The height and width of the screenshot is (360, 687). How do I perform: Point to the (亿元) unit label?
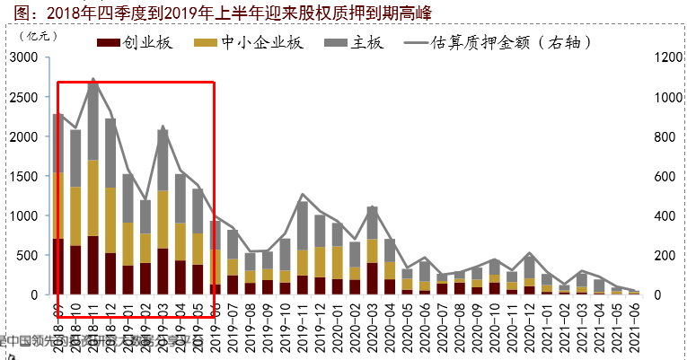coord(39,36)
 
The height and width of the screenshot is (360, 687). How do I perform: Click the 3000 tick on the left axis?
coord(23,57)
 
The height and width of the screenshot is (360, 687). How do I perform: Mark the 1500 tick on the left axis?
coord(23,176)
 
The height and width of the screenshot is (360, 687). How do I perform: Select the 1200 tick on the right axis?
coord(665,57)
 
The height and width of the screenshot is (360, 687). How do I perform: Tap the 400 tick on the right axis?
coord(661,215)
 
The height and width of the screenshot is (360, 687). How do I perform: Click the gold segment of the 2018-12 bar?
coord(110,220)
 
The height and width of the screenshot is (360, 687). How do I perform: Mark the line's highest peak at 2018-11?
coord(93,79)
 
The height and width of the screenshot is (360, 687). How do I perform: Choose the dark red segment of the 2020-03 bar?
coord(372,278)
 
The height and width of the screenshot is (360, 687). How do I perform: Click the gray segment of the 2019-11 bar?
coord(302,225)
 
